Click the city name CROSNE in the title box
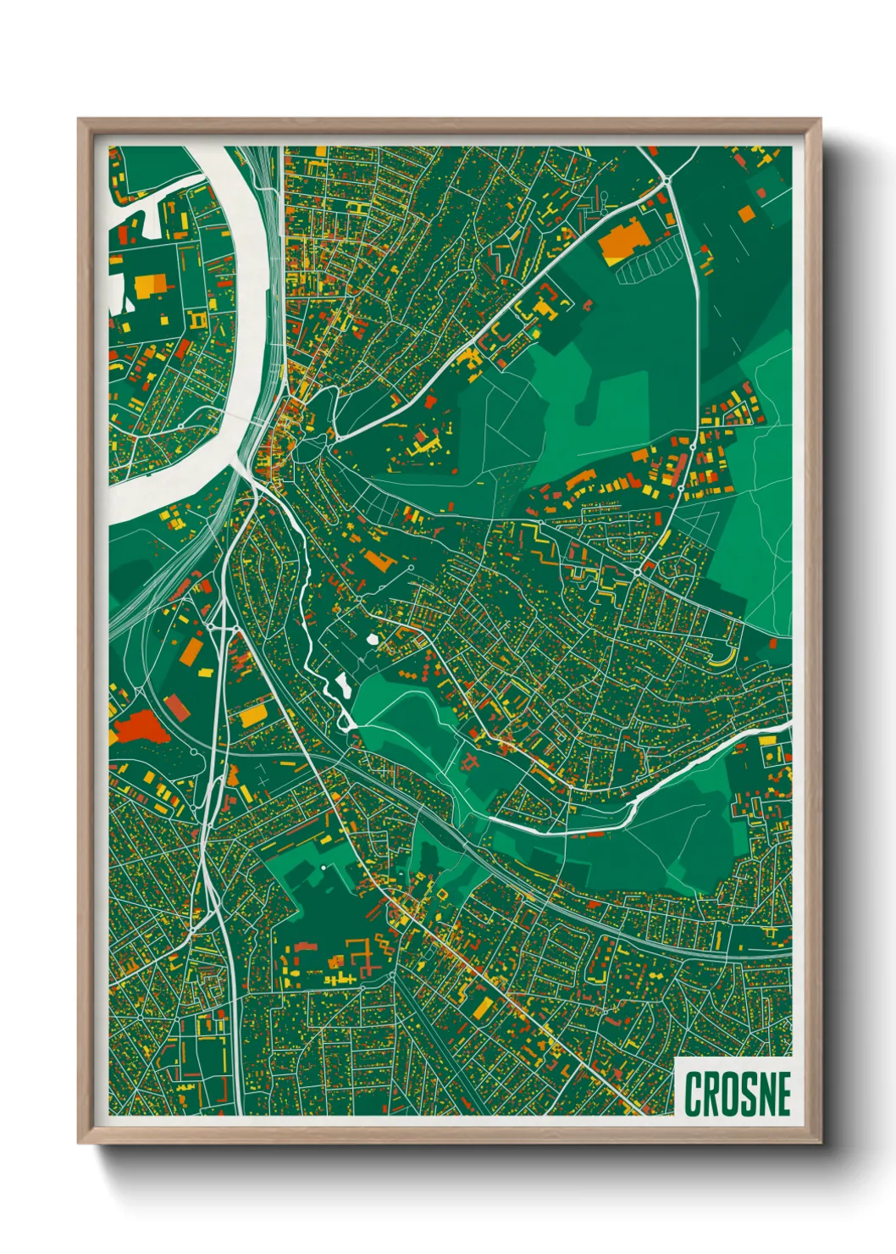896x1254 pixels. [737, 1094]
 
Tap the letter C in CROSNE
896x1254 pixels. [693, 1094]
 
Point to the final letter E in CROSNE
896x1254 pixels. [783, 1094]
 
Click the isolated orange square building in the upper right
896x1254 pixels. [745, 213]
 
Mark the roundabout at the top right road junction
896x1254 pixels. [666, 180]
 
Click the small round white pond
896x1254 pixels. [373, 640]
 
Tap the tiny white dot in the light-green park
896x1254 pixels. [323, 868]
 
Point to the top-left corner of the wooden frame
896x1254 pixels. [80, 119]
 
